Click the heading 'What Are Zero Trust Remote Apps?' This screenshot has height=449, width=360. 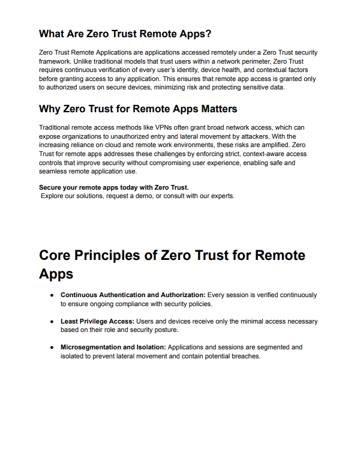coord(125,33)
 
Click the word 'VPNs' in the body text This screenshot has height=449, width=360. coord(167,128)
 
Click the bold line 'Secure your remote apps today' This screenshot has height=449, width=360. coord(113,187)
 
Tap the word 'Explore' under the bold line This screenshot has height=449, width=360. coord(52,196)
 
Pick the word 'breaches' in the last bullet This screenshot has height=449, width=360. coord(245,355)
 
